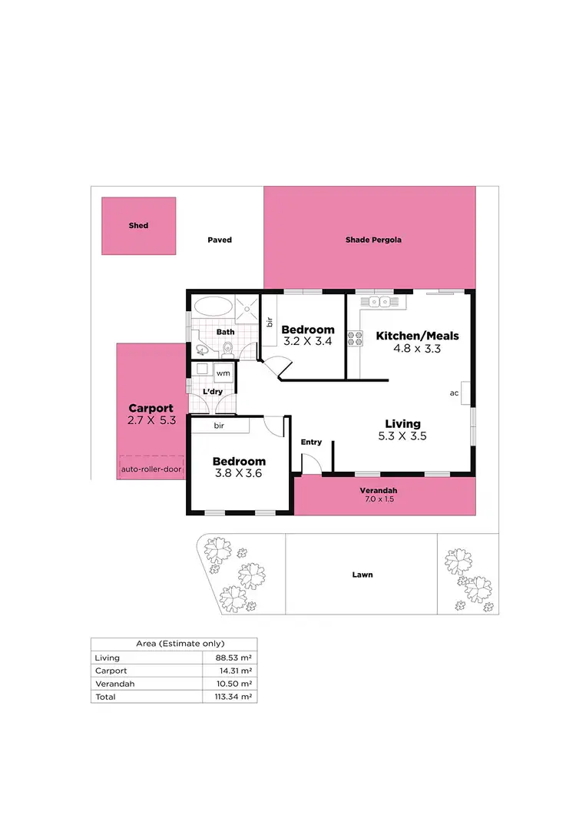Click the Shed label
(138, 226)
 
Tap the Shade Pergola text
(373, 240)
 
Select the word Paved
(220, 240)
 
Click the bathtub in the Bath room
(210, 306)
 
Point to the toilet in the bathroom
(227, 350)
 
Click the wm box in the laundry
(223, 373)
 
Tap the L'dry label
(212, 392)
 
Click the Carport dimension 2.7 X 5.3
(151, 421)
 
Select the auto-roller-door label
(151, 468)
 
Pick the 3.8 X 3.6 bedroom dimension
(238, 473)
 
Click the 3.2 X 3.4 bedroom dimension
(308, 341)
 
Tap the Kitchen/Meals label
(417, 336)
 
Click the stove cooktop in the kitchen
(356, 337)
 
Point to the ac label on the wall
(454, 393)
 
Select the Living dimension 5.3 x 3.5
(403, 436)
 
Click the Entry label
(311, 442)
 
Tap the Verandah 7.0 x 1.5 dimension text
(379, 500)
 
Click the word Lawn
(362, 575)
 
